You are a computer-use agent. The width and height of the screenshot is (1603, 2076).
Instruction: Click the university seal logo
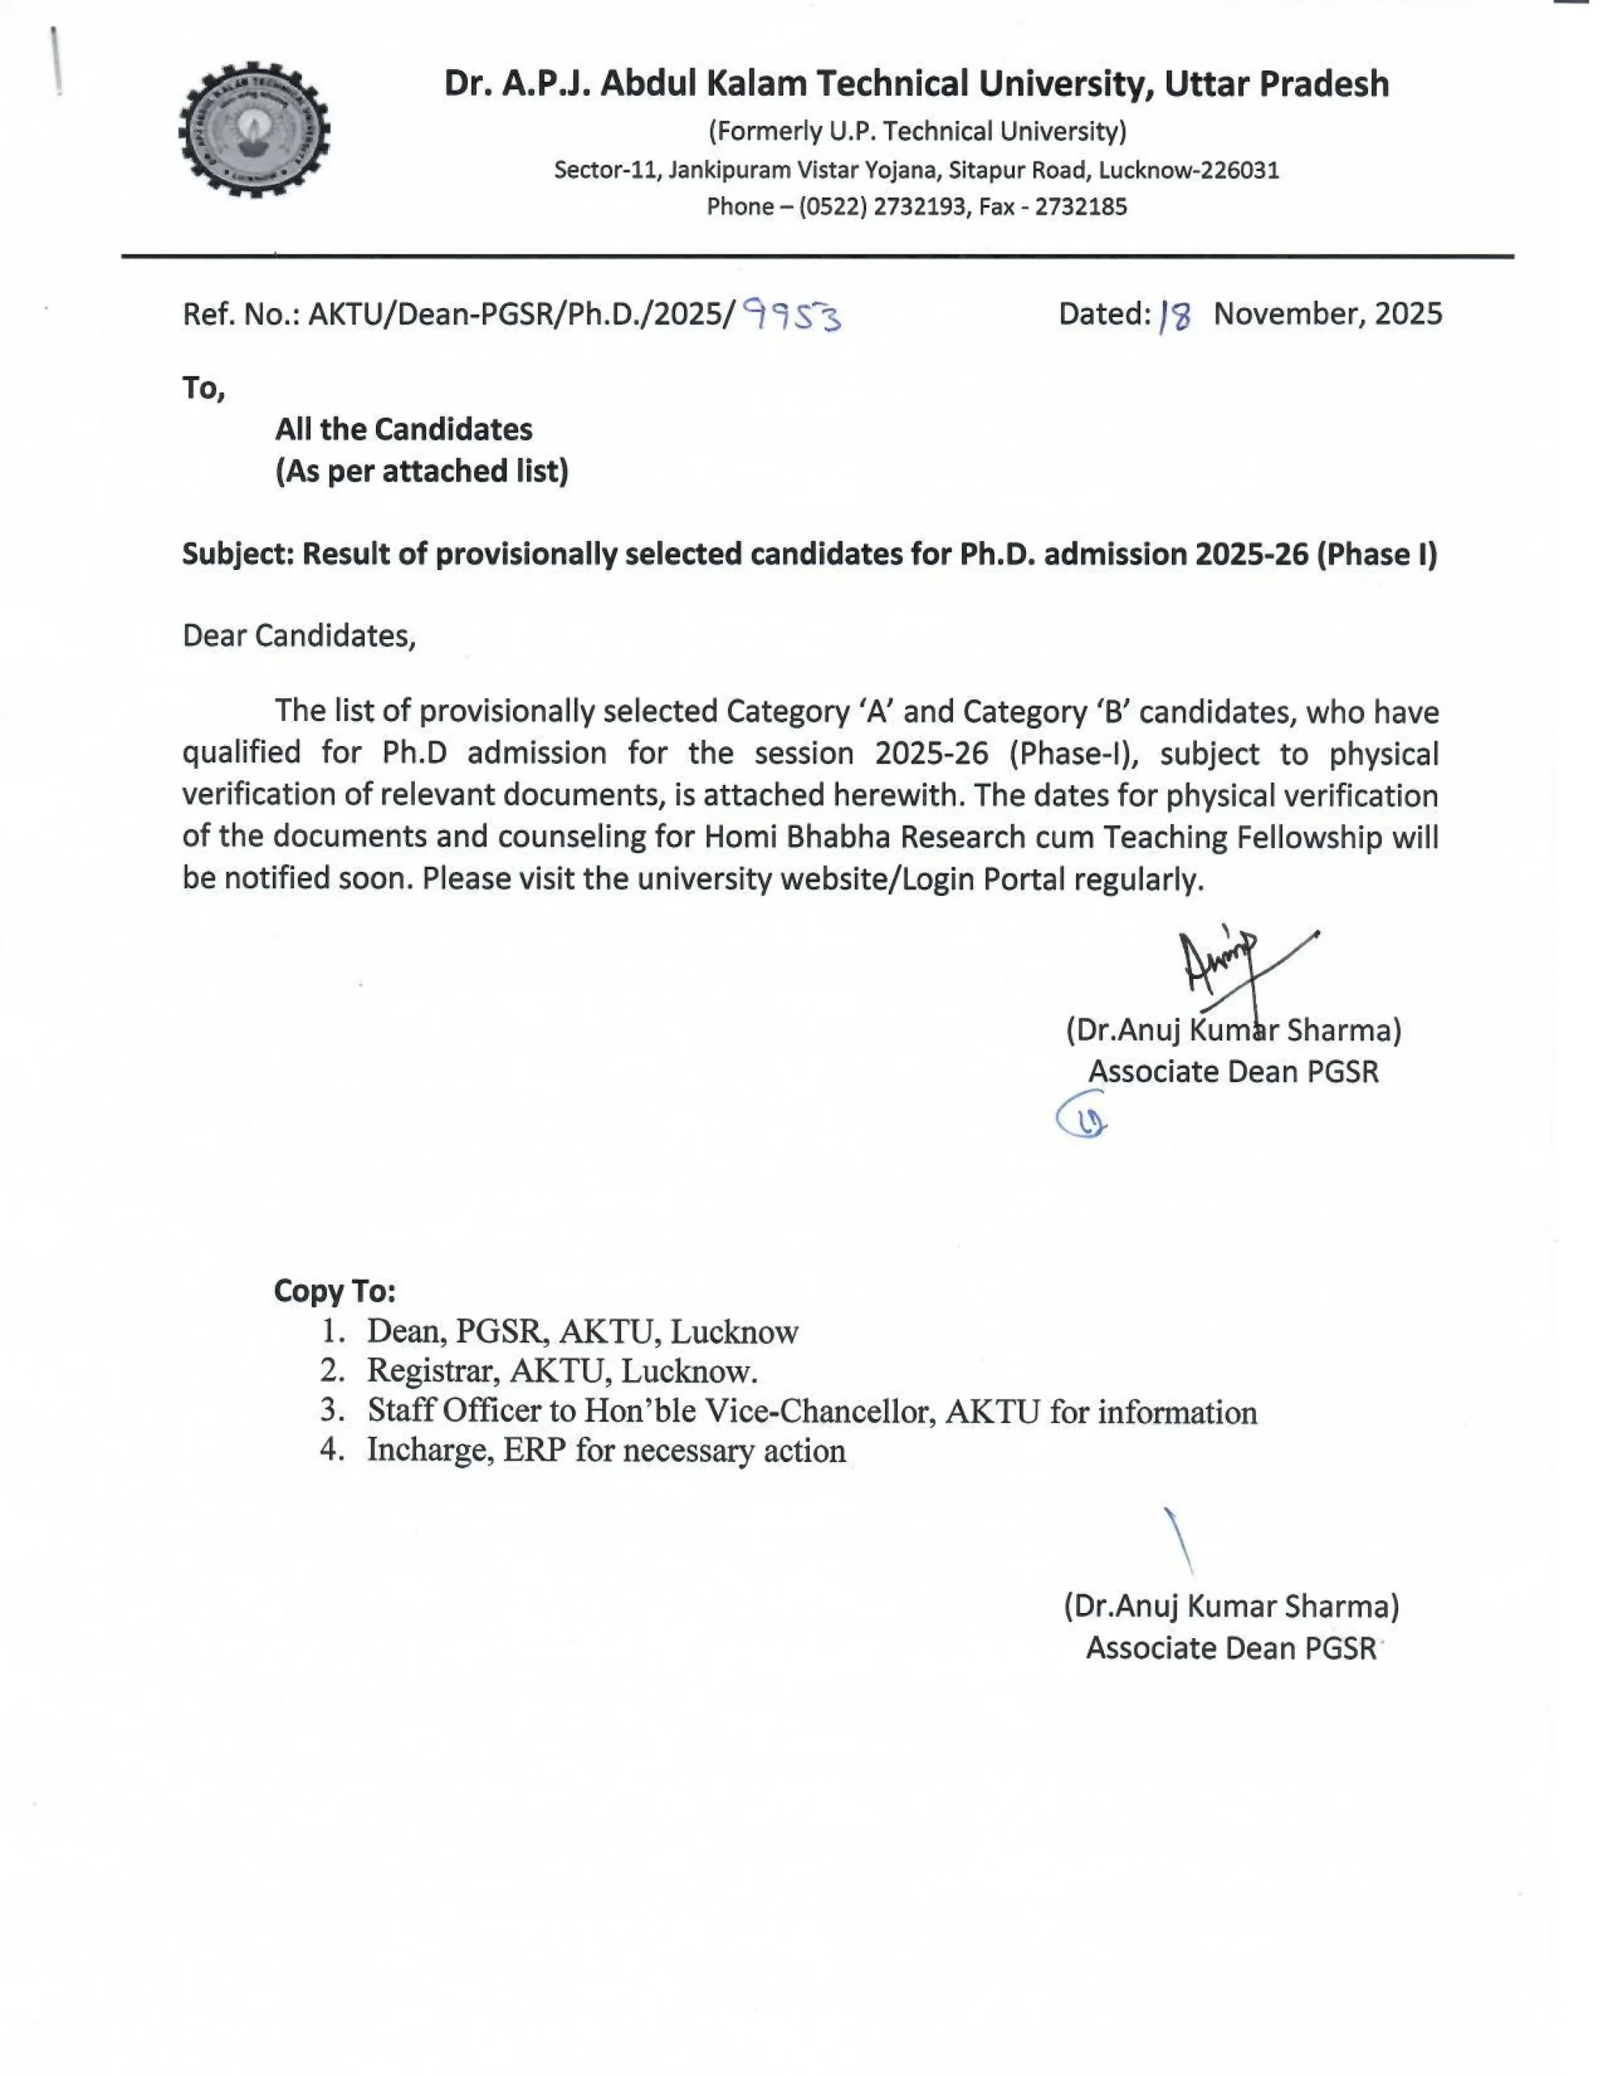[254, 131]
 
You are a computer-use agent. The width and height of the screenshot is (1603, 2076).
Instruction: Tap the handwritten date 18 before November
[1175, 315]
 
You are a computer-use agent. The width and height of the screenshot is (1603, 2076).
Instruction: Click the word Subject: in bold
[237, 554]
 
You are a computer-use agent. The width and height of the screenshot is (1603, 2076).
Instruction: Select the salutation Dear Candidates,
[299, 635]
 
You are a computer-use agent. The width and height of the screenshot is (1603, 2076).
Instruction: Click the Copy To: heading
[335, 1290]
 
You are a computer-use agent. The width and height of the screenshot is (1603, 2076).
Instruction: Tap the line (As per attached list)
[422, 470]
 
